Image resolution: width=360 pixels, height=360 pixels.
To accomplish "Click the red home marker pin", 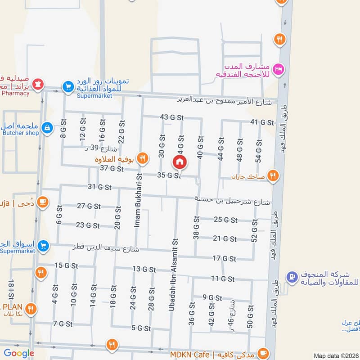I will coord(180,162).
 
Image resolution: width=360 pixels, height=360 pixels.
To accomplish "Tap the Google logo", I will coord(19,353).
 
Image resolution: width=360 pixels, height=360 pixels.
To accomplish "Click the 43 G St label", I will coord(172,117).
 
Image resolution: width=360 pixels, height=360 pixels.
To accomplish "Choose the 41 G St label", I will coord(262,122).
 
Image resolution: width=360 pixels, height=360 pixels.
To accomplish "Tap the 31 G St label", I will coord(99,187).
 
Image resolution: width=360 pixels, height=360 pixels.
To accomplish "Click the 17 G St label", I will coord(224,258).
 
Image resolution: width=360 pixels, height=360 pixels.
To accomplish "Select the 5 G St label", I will coord(141,328).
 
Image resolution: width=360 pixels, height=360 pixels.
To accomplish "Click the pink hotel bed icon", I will coord(279,68).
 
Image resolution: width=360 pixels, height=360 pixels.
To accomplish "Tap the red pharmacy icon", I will coord(39,84).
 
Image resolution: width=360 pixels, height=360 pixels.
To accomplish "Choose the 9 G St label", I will coord(212,297).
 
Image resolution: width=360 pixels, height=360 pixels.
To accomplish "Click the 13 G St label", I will coord(144,270).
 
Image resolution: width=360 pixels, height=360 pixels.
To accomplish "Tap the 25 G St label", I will coord(225,220).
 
